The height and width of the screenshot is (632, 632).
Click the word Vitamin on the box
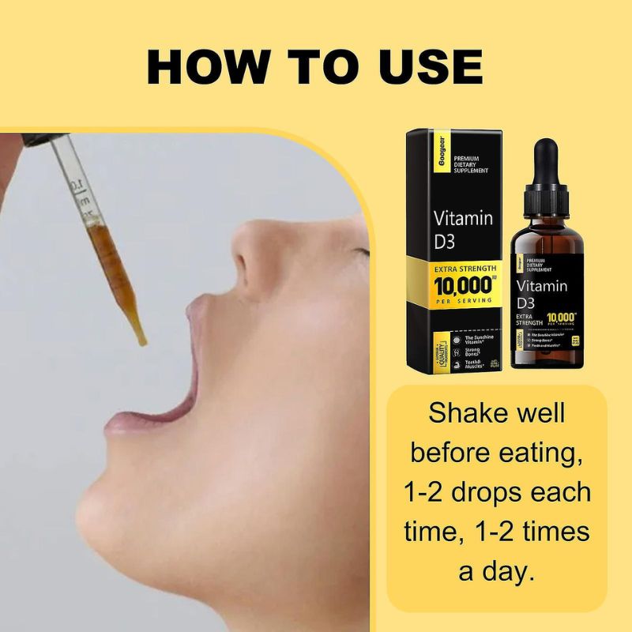point(464,217)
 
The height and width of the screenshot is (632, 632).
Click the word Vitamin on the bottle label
point(541,286)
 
